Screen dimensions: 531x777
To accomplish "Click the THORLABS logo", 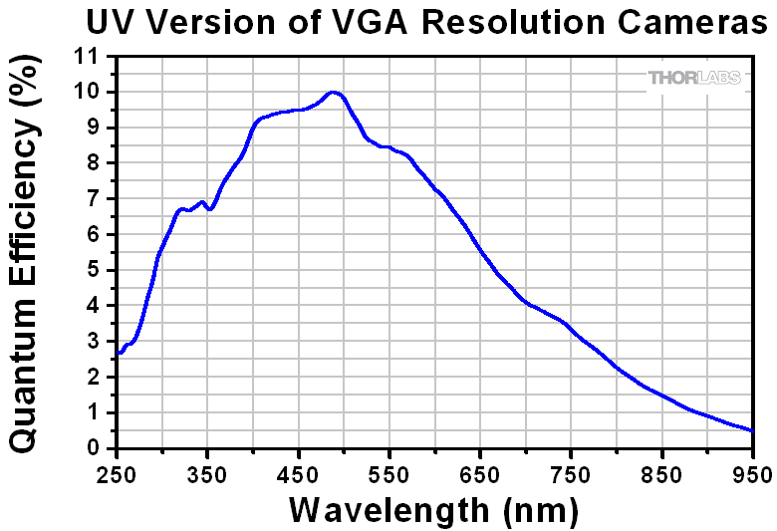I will (x=695, y=78).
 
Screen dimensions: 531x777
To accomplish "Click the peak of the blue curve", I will (x=335, y=93).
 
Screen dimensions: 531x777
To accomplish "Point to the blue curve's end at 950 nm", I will (x=753, y=431).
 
